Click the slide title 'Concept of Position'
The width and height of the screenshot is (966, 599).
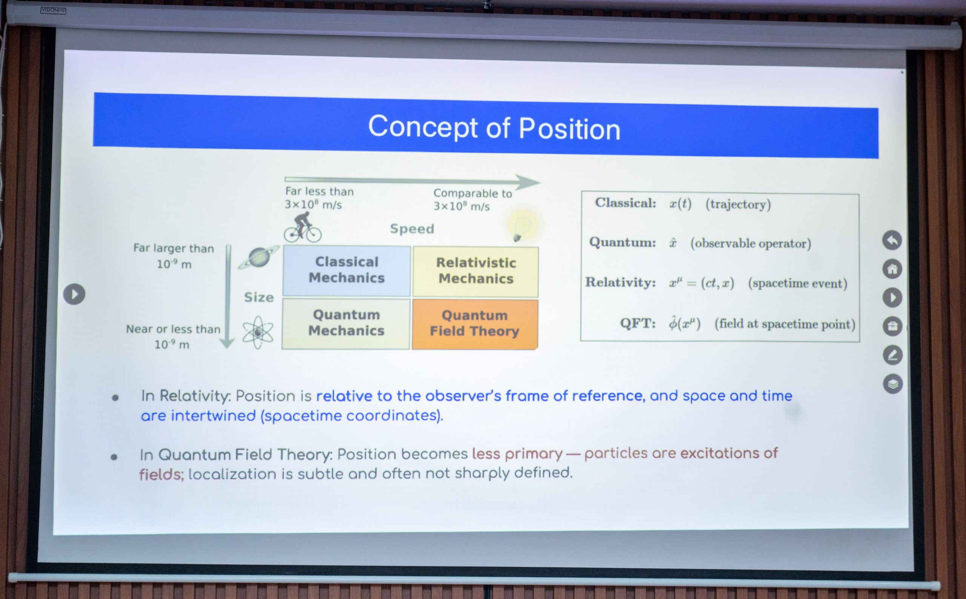[x=494, y=127]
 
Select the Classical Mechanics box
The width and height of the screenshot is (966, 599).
[x=347, y=271]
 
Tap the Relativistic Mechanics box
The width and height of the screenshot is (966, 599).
[x=475, y=272]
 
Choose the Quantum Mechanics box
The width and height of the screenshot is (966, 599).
[x=346, y=324]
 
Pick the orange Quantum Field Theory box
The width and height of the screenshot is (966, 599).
[x=475, y=324]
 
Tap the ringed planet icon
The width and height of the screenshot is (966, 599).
[x=258, y=258]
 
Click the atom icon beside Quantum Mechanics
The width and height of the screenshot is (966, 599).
[x=258, y=332]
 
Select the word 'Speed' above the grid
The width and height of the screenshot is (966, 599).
[x=412, y=229]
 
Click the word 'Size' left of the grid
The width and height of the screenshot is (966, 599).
[x=259, y=297]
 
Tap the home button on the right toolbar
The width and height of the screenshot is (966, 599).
[x=892, y=269]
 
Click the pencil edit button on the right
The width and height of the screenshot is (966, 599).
[x=893, y=355]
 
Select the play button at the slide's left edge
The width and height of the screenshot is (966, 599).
[x=74, y=294]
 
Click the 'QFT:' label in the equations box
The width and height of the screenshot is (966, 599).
[x=638, y=323]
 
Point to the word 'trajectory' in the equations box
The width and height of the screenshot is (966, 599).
[x=738, y=204]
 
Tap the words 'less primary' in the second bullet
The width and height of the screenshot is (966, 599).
[x=517, y=454]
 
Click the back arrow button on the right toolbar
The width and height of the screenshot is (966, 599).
[x=892, y=240]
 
